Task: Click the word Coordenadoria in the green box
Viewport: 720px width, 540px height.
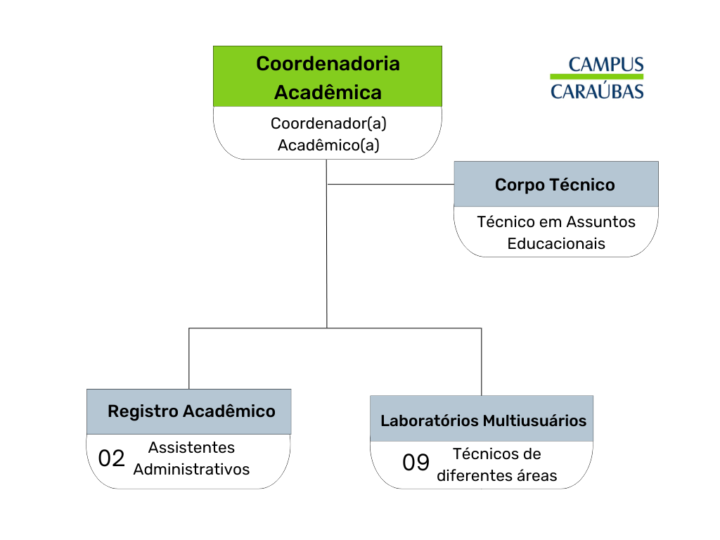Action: click(x=328, y=64)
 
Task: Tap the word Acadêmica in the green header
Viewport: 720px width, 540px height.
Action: click(x=328, y=92)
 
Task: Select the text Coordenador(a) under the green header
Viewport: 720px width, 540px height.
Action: click(x=328, y=124)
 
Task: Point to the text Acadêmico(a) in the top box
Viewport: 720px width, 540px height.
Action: click(x=328, y=145)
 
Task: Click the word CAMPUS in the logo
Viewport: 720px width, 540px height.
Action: click(x=606, y=65)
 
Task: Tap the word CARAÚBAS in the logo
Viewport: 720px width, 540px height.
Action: click(x=597, y=91)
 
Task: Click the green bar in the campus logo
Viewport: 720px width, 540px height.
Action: click(x=597, y=76)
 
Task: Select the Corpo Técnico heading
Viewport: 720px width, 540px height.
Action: click(x=555, y=185)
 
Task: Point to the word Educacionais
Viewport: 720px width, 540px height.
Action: click(x=556, y=243)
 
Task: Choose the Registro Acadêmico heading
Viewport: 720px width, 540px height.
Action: click(x=191, y=411)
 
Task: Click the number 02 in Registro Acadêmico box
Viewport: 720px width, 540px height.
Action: click(x=111, y=458)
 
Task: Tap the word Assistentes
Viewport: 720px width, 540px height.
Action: click(x=191, y=447)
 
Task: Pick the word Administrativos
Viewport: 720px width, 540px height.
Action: click(x=191, y=469)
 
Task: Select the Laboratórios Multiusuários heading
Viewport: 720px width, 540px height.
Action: click(x=484, y=420)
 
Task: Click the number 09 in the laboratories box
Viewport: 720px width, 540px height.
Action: click(x=416, y=463)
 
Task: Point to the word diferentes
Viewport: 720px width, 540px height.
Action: click(x=475, y=476)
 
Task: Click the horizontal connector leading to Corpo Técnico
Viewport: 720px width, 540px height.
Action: click(x=391, y=185)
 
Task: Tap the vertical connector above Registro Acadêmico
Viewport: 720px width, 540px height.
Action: click(x=188, y=359)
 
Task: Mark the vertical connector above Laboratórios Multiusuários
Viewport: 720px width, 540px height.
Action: click(x=481, y=362)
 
